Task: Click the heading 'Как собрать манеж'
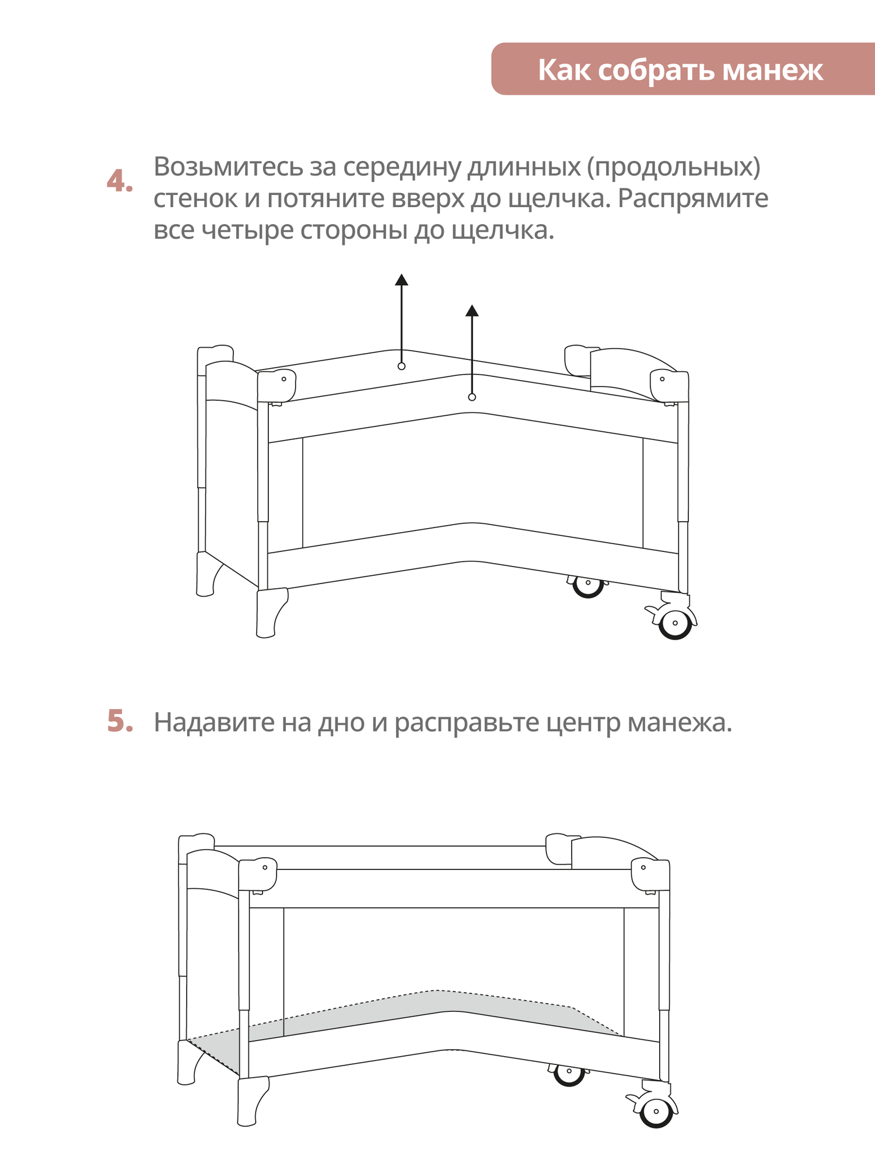tap(680, 70)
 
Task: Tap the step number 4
tap(120, 181)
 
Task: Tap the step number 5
tap(120, 721)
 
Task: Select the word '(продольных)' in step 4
tap(673, 167)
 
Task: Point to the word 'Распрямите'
tap(693, 199)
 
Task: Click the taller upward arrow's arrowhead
tap(401, 280)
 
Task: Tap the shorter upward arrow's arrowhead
tap(472, 311)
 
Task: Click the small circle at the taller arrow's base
tap(401, 366)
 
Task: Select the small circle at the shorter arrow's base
tap(472, 397)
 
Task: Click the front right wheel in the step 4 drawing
tap(675, 623)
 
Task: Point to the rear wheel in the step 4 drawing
tap(587, 584)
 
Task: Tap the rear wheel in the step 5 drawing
tap(569, 1072)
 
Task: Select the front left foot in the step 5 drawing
tap(251, 1100)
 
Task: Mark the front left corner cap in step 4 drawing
tap(277, 385)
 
